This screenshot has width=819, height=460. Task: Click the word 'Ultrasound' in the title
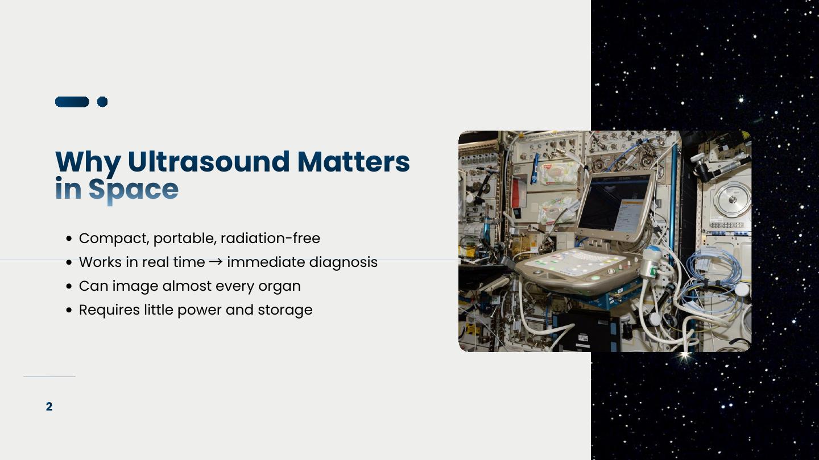(209, 161)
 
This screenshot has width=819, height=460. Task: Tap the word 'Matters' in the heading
(354, 161)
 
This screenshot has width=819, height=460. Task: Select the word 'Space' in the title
(134, 190)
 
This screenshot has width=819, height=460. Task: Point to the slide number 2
(49, 407)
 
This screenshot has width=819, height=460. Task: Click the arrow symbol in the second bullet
(216, 262)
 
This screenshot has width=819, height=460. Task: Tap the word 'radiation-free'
(270, 239)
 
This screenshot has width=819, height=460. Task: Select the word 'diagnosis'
(344, 262)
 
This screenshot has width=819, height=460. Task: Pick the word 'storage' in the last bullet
(285, 310)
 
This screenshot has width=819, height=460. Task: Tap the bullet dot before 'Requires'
(69, 310)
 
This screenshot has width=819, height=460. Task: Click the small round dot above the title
(102, 102)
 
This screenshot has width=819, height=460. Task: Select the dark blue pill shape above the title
(72, 102)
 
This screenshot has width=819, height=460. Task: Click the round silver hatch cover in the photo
(733, 199)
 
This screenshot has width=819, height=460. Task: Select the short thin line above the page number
(49, 377)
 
